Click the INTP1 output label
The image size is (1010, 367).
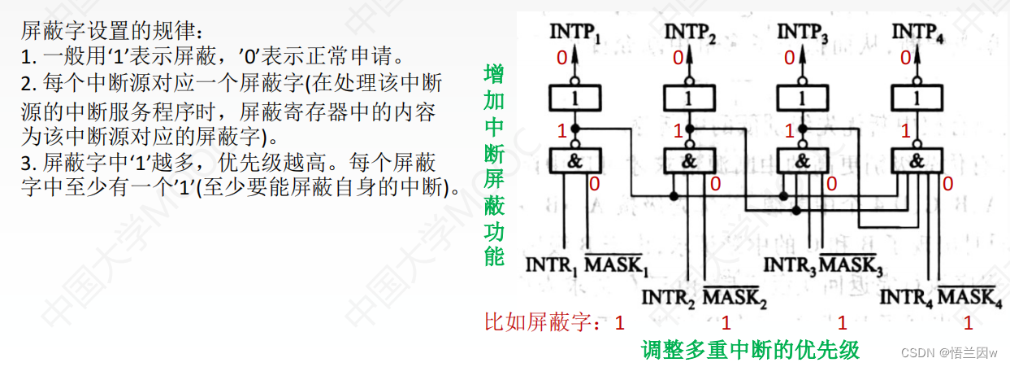(x=576, y=33)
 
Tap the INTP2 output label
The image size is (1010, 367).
(x=690, y=33)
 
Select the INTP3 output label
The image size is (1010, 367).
(x=803, y=33)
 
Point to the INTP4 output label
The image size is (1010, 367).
(x=917, y=33)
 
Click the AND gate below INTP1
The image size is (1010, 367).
(x=575, y=160)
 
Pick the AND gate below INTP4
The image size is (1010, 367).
(x=917, y=160)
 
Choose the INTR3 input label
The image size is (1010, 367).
(x=787, y=266)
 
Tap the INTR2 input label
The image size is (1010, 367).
(x=668, y=298)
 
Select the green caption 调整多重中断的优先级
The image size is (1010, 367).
(x=750, y=350)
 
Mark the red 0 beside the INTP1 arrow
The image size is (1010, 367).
(x=561, y=58)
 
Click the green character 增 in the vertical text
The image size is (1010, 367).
(x=493, y=74)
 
